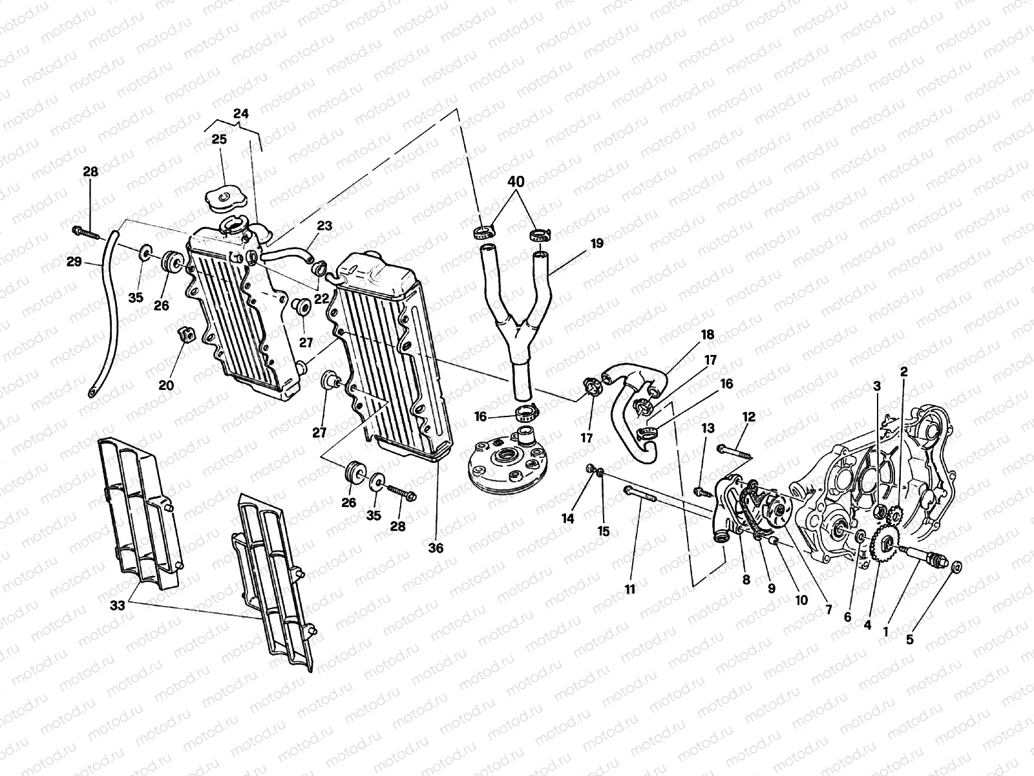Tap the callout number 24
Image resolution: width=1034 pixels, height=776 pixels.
tap(240, 114)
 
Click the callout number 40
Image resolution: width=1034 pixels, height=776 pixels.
tap(516, 182)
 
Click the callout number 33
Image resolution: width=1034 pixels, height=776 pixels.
tap(118, 605)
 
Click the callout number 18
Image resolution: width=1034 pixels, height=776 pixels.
tap(708, 334)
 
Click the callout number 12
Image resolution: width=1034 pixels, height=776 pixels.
tap(749, 418)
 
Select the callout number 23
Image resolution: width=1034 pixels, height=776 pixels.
tap(324, 226)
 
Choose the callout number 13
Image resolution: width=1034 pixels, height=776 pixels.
tap(708, 428)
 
